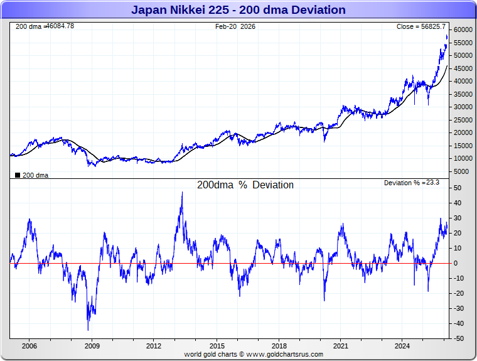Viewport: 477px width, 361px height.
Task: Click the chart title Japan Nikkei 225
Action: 238,10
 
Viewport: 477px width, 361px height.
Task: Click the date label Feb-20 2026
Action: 235,26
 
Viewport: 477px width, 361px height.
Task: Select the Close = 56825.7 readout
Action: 421,26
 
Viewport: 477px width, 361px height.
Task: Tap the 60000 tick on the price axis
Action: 463,30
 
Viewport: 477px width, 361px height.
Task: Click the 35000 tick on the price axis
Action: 463,94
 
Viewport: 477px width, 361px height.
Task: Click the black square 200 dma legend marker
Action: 18,175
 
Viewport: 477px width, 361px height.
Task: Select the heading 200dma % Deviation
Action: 245,185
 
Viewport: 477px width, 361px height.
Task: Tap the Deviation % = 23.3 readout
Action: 412,183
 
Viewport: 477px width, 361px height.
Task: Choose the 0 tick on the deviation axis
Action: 456,263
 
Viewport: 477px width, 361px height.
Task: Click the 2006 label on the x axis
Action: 29,346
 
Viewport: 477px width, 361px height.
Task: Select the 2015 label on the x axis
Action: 217,346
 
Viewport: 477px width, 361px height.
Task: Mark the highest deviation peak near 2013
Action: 182,193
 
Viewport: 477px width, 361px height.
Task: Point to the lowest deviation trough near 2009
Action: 88,330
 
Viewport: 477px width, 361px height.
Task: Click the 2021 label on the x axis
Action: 341,346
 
